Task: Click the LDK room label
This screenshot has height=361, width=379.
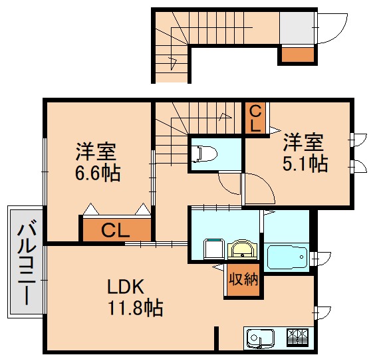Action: [x=126, y=287]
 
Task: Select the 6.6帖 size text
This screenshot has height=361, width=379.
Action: [x=97, y=174]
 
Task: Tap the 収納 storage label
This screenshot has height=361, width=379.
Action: [x=242, y=279]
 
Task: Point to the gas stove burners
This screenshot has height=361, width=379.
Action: [x=297, y=338]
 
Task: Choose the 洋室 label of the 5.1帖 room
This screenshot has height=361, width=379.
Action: [x=305, y=142]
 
